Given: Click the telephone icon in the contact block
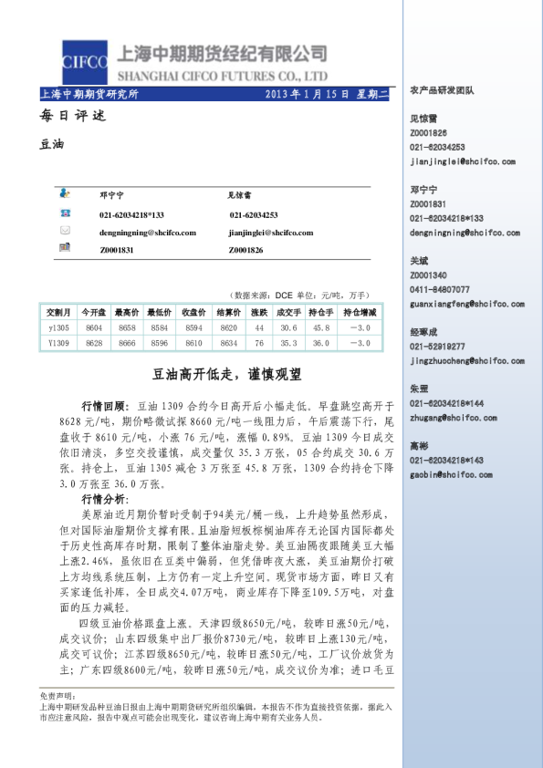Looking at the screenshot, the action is [65, 215].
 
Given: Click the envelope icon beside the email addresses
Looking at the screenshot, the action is [65, 232].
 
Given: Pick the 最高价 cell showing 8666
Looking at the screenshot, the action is [126, 343].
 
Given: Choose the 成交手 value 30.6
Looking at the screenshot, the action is [289, 327].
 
